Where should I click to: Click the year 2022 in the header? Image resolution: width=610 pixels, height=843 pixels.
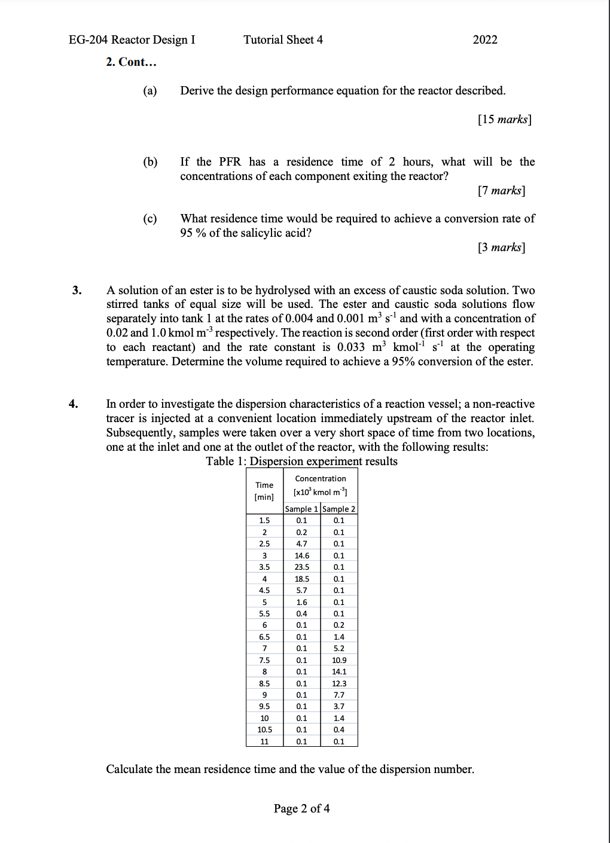484,40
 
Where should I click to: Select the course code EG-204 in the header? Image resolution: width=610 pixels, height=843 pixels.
89,40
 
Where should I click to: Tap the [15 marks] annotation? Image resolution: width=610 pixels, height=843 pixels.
504,120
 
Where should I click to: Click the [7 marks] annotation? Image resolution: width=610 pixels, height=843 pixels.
501,191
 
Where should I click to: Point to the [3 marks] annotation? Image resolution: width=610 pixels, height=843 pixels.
501,248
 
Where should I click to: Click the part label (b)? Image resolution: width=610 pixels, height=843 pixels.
150,162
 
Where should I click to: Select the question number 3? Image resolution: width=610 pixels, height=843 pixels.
76,291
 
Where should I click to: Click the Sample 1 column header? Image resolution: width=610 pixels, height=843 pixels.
301,509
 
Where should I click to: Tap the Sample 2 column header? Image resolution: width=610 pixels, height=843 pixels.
338,509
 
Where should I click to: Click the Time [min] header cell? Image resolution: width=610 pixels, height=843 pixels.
264,491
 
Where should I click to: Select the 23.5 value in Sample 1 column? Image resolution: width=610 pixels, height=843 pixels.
302,567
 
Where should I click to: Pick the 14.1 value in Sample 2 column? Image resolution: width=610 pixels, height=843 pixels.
338,672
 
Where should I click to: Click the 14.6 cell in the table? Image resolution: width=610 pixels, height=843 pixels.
302,556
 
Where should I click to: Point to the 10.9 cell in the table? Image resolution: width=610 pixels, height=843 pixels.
338,661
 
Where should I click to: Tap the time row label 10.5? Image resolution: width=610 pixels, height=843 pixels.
264,730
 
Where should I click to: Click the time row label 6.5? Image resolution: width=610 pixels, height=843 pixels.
264,637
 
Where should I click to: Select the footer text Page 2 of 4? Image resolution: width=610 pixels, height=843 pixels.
301,809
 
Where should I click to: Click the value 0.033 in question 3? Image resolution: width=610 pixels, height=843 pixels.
352,348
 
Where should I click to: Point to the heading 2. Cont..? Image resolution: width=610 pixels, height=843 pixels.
131,62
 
